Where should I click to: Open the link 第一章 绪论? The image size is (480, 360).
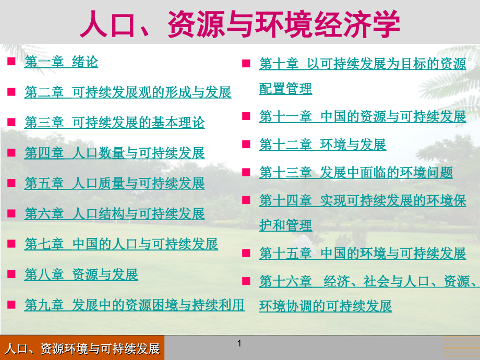(x=61, y=62)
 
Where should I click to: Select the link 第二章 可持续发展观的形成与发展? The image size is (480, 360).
(x=128, y=92)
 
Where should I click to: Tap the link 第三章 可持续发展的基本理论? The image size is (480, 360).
(x=114, y=123)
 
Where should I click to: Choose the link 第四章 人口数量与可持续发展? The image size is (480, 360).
(x=114, y=153)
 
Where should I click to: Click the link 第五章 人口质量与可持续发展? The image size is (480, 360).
(x=114, y=183)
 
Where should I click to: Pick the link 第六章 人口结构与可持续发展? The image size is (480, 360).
(x=114, y=213)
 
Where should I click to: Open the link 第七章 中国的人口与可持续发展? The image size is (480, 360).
(x=121, y=244)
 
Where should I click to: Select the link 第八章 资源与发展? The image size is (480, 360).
(x=81, y=274)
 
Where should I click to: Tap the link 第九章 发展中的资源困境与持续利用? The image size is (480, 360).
(x=134, y=304)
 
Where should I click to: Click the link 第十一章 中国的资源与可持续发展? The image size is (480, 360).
(x=362, y=116)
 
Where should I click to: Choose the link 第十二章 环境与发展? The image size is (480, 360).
(x=322, y=145)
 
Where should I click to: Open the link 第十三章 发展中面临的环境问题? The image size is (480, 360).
(x=356, y=173)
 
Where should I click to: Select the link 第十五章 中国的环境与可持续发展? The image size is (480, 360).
(x=362, y=253)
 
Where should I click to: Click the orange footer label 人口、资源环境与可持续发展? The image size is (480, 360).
(x=82, y=349)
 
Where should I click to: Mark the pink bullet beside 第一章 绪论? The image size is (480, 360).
(x=11, y=62)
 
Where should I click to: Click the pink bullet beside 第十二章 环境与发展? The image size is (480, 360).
(x=246, y=144)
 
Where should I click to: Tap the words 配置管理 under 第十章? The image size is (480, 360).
(x=285, y=89)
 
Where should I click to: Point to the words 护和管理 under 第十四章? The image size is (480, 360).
(x=285, y=225)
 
